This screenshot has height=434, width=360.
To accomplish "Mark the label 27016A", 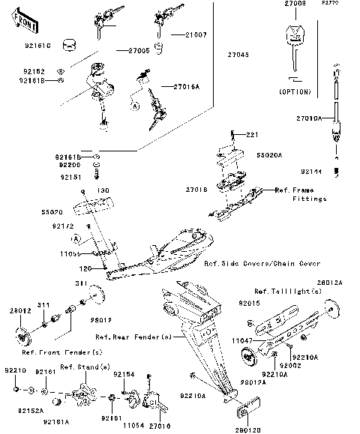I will pyautogui.click(x=187, y=87).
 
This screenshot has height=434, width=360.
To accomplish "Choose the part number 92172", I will pyautogui.click(x=63, y=226).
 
